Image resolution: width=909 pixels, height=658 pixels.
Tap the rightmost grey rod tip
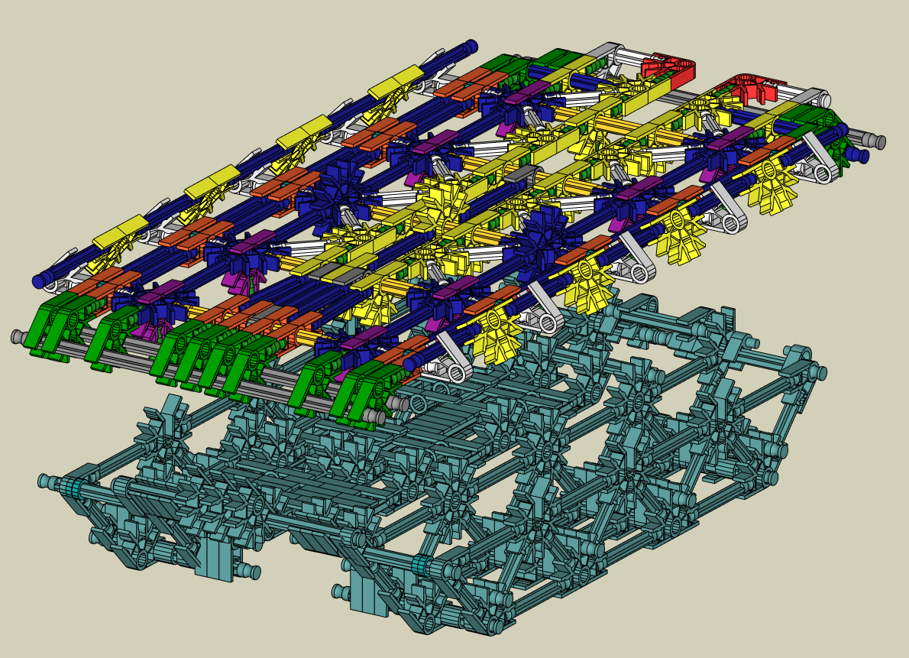tap(880, 142)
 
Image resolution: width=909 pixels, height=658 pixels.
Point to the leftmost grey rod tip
tap(17, 336)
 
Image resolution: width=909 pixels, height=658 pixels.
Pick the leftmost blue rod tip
tap(38, 281)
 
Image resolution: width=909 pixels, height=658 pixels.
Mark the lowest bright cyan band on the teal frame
tap(419, 566)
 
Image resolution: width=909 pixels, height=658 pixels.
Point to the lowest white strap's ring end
tap(457, 372)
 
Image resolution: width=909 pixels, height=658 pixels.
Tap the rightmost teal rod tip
tap(820, 373)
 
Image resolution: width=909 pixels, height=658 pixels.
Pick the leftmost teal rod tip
tap(44, 481)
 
